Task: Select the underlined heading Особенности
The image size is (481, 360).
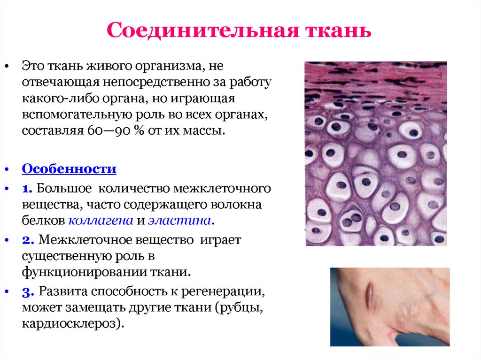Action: coord(69,169)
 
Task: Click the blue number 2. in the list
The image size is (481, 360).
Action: coord(27,240)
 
